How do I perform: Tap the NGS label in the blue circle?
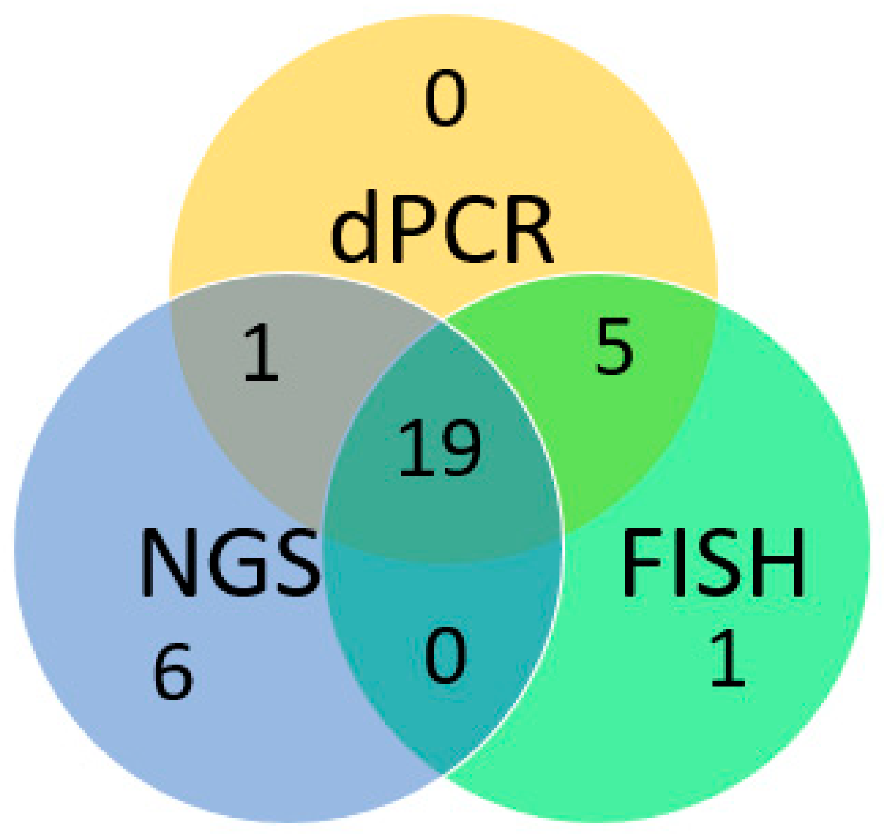(x=230, y=562)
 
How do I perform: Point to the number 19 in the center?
(x=439, y=447)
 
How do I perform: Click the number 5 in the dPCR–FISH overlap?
(x=615, y=346)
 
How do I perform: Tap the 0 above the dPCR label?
(x=445, y=98)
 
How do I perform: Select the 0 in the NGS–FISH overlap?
(x=445, y=655)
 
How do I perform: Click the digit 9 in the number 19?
(x=460, y=447)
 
